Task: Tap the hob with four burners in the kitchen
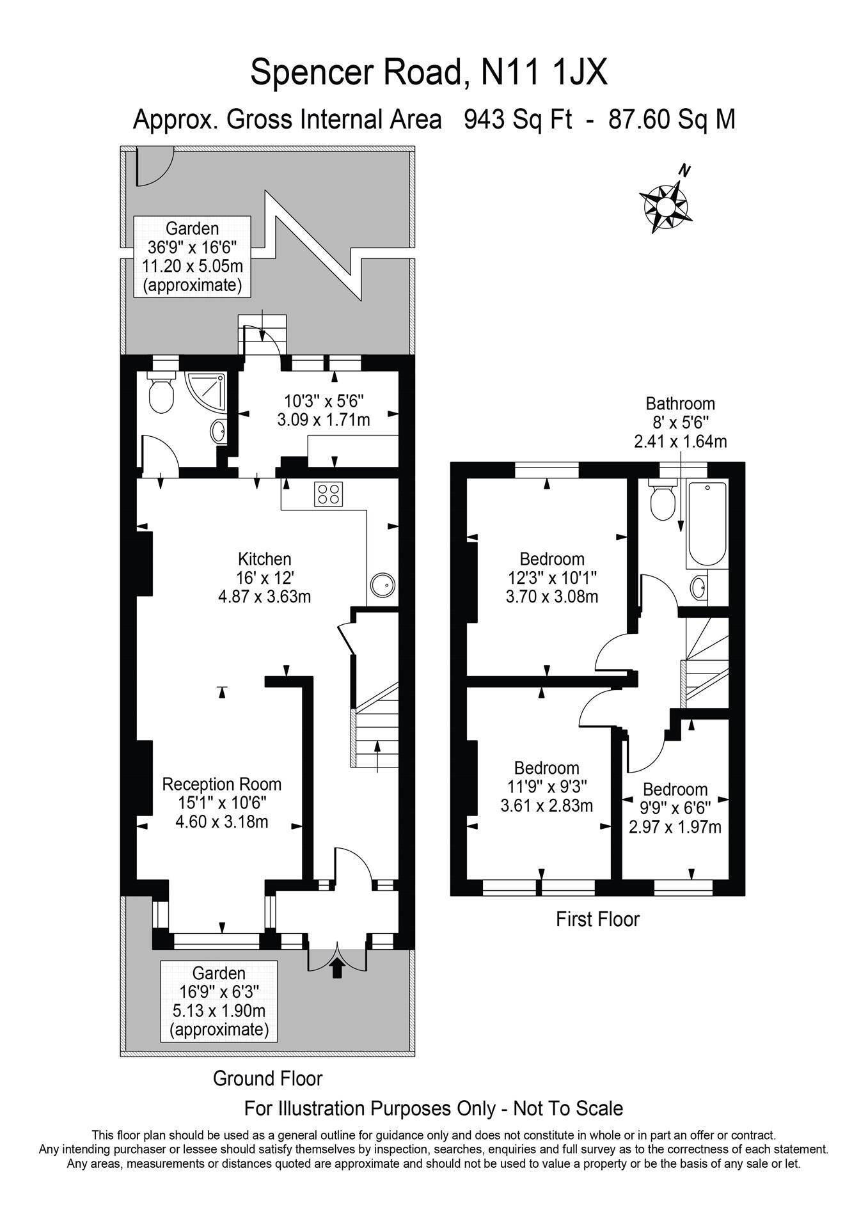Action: click(328, 494)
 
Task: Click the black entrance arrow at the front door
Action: click(338, 969)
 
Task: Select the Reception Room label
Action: click(221, 784)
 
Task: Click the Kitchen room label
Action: click(264, 559)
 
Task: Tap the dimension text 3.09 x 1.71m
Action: click(324, 420)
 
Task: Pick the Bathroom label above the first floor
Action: click(680, 404)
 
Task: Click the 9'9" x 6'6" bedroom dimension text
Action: click(675, 808)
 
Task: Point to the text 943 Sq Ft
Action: click(517, 120)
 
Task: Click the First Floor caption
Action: click(597, 919)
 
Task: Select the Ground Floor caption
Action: click(267, 1078)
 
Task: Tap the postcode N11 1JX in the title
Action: click(544, 72)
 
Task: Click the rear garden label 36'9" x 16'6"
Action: click(192, 247)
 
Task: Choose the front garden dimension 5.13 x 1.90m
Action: click(219, 1011)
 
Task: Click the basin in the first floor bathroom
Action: click(699, 587)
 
